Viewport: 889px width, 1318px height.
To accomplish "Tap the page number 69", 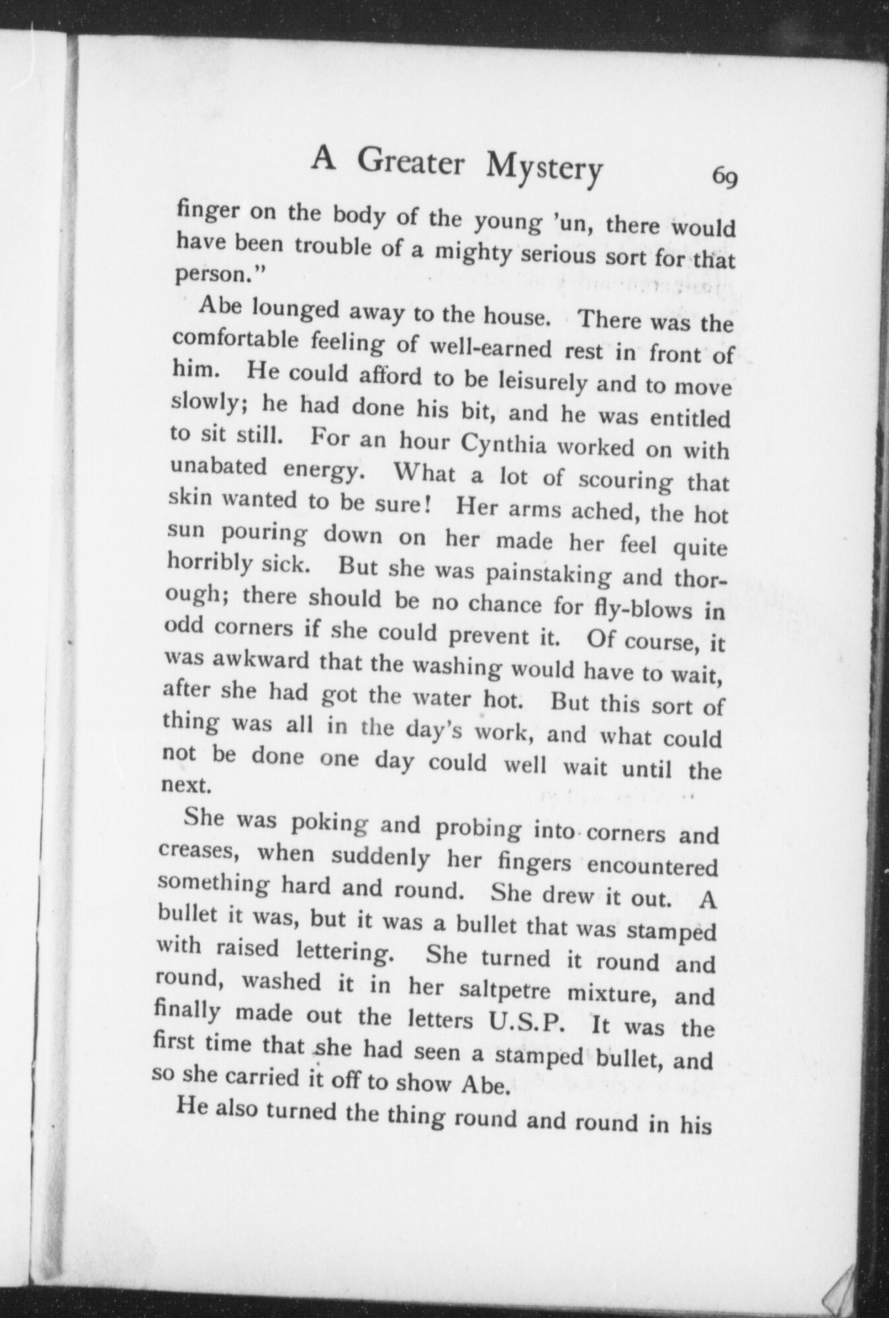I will point(725,176).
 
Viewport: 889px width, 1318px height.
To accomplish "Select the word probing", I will point(478,828).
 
